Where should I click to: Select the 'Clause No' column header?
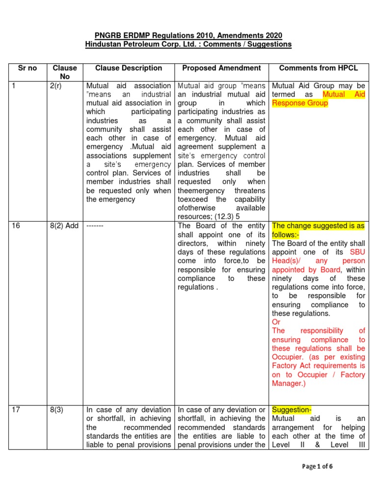65,72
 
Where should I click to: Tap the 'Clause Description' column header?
129,68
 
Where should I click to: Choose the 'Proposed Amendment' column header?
222,68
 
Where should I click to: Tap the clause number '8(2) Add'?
66,226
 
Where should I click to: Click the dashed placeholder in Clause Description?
95,226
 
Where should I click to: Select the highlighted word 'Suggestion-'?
292,410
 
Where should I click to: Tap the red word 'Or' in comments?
276,322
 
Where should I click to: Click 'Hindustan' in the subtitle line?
104,44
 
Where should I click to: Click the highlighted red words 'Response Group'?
299,103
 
